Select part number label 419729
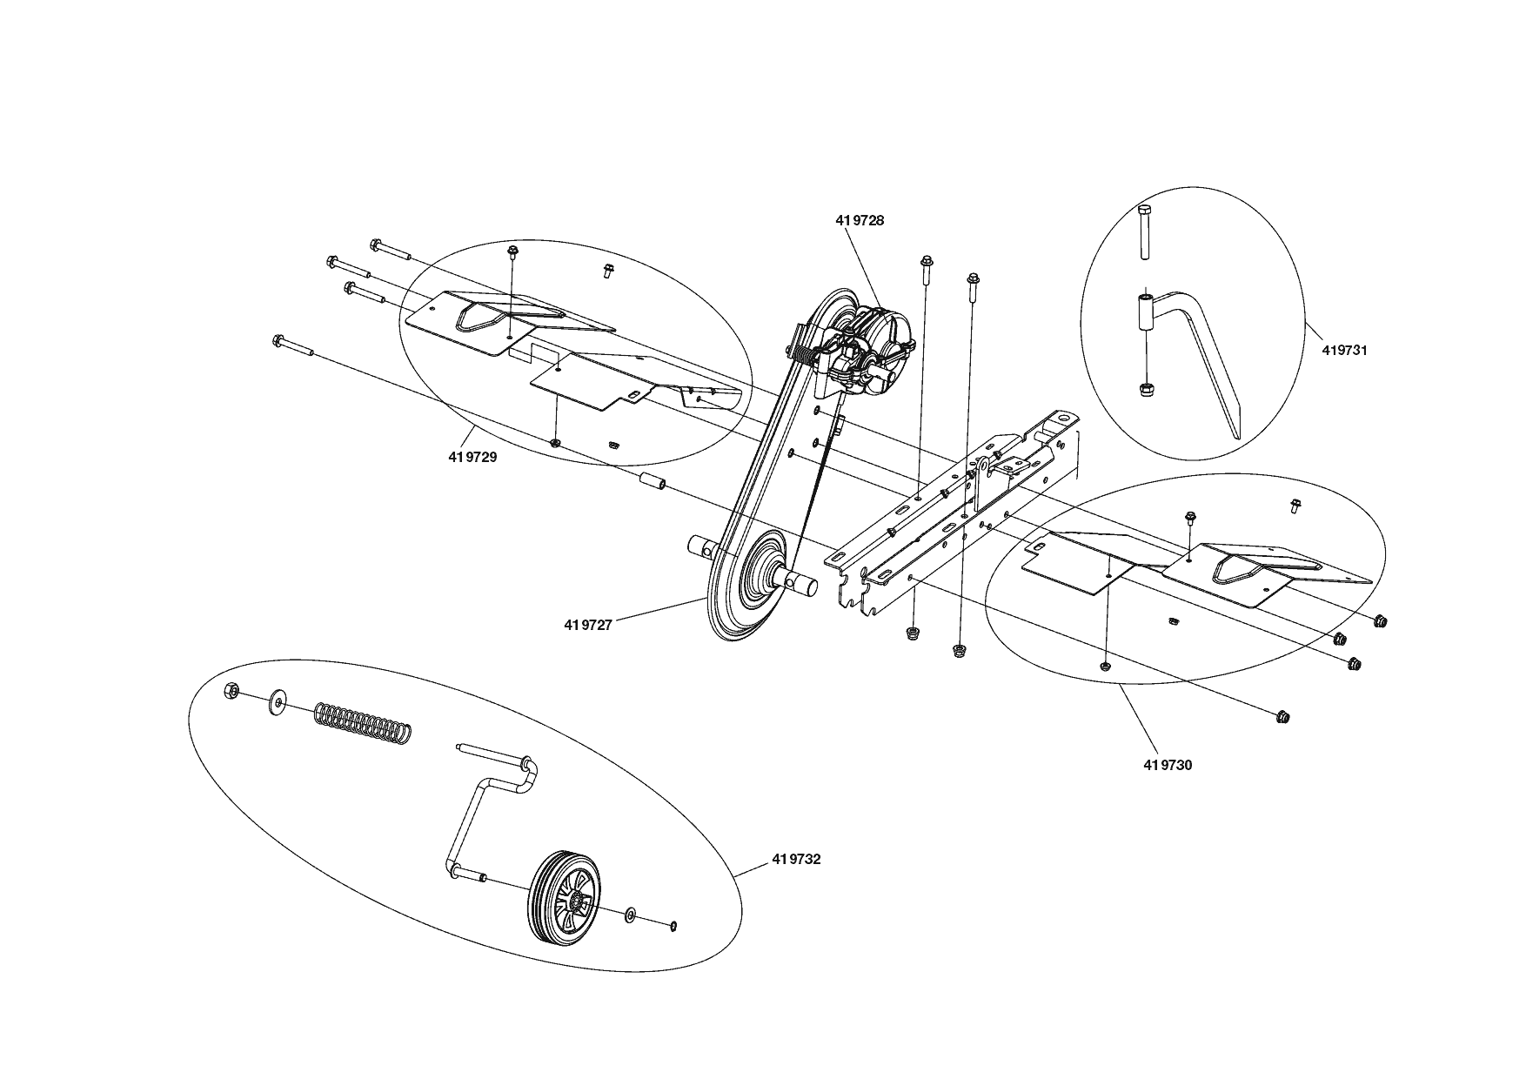tap(472, 457)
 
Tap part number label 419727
tap(588, 624)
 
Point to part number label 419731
tap(1344, 351)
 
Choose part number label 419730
tap(1168, 765)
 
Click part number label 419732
tap(795, 860)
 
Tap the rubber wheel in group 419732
tap(566, 898)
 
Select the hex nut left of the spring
tap(231, 691)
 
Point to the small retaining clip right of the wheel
tap(674, 924)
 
